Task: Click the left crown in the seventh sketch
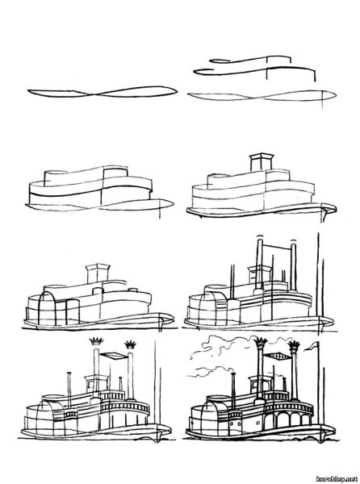96,341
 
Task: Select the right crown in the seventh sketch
130,344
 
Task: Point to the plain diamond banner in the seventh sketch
113,356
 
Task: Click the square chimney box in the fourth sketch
262,162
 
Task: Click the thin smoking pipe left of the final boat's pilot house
233,387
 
